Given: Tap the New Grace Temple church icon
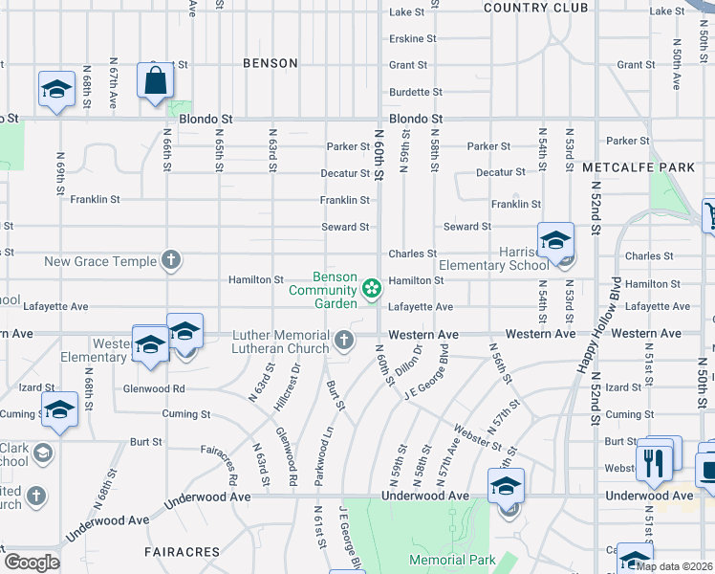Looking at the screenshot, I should pyautogui.click(x=170, y=259).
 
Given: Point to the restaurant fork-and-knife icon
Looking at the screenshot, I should pyautogui.click(x=654, y=463).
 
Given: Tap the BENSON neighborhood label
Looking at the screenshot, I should pyautogui.click(x=271, y=63).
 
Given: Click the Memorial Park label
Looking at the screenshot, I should pyautogui.click(x=452, y=560).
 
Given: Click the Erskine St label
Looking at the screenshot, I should pyautogui.click(x=412, y=39).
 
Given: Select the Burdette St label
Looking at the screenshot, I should pyautogui.click(x=416, y=93).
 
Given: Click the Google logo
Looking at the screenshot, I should pyautogui.click(x=31, y=563).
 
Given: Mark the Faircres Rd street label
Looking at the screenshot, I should pyautogui.click(x=219, y=463).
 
